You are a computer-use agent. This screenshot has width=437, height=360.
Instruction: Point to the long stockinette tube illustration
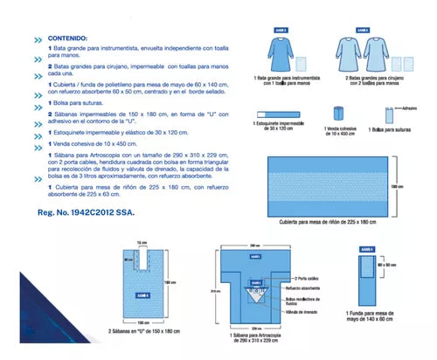pos(279,114)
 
